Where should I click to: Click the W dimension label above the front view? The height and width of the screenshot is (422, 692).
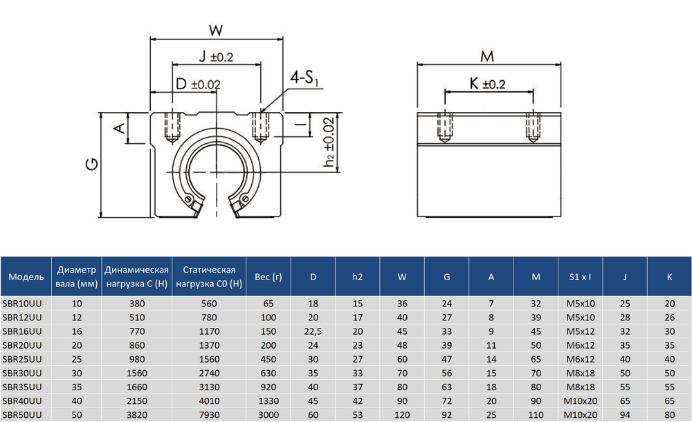216,30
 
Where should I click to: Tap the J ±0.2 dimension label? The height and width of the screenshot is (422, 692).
216,57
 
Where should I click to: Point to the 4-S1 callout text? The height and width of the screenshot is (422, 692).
304,79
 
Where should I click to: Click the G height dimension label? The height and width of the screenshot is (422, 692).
92,164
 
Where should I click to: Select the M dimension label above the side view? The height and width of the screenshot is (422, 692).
487,57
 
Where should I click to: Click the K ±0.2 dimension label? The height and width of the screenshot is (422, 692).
487,84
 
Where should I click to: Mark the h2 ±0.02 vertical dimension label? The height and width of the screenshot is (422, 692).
329,142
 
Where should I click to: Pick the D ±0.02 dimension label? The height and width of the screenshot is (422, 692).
198,84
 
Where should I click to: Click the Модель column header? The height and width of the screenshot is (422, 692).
26,277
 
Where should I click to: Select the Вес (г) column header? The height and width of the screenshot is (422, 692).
268,277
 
